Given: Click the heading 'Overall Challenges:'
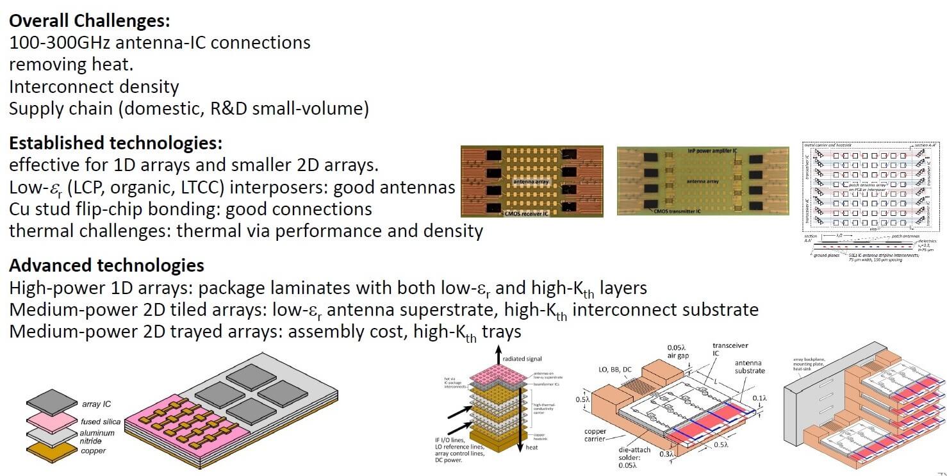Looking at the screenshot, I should coord(89,21).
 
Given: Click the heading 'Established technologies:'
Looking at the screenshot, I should coord(116,142).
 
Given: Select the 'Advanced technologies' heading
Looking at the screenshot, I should coord(107,265).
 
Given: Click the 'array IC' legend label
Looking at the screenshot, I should coord(95,404).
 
